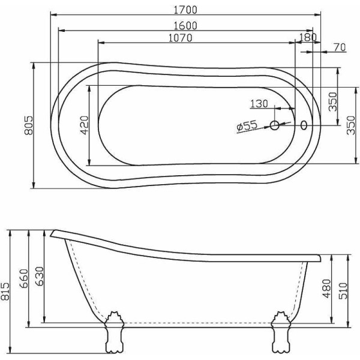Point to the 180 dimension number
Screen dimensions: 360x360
pos(307,38)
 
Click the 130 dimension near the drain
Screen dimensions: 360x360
pos(259,104)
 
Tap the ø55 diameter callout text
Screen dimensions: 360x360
pos(247,126)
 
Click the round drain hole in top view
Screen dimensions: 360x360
pos(275,125)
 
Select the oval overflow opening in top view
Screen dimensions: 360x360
pos(304,125)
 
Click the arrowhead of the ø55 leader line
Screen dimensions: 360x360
pos(271,127)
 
